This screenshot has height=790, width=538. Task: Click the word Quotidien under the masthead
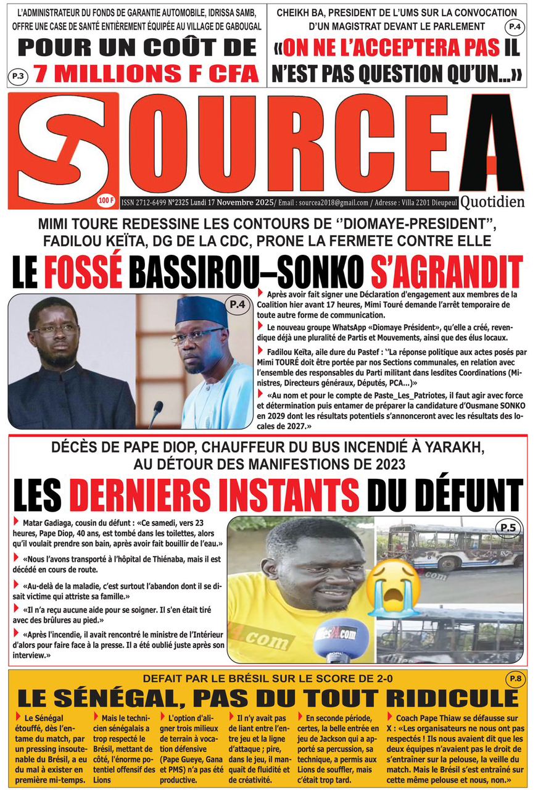(492, 201)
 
